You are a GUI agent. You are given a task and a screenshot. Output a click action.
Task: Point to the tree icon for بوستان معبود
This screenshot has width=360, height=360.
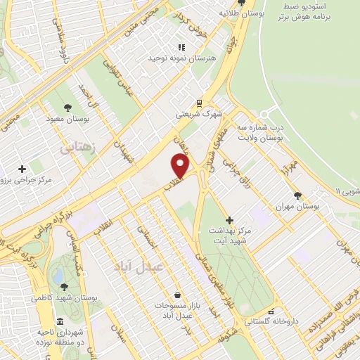coord(67,108)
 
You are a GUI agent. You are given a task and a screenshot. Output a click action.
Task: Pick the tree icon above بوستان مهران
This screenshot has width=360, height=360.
coord(298,195)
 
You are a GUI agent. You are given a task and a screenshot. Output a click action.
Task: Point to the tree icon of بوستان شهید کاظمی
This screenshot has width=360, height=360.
coord(64,286)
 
